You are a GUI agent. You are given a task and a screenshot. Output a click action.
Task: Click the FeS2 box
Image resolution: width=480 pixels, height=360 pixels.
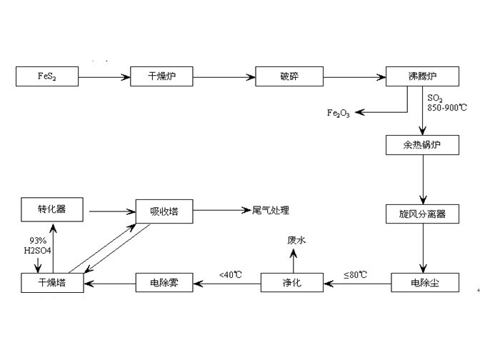47,76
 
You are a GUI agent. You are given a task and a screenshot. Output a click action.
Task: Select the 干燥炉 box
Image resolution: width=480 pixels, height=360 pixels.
161,76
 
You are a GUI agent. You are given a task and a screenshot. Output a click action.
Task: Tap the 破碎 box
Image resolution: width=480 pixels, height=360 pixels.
289,76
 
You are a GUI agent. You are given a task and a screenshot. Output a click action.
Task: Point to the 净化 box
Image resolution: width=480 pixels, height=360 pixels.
291,283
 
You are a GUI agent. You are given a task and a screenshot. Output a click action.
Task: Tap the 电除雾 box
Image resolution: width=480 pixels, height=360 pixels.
165,283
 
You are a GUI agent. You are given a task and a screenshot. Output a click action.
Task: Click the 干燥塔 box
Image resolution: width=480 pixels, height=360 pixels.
51,283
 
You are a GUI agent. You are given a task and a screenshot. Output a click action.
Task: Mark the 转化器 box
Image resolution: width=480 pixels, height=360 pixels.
51,210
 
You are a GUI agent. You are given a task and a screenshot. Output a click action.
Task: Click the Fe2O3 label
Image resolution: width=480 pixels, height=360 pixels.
338,113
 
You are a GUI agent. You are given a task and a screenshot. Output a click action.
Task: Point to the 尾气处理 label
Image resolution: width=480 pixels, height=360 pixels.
271,211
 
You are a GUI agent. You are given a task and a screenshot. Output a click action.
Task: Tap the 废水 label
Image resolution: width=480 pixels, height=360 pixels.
296,241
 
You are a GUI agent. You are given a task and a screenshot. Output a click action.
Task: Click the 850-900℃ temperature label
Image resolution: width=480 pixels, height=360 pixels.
445,106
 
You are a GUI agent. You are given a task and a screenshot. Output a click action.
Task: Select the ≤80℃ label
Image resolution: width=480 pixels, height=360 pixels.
357,274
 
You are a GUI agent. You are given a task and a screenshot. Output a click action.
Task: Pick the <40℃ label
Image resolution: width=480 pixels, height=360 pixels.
231,274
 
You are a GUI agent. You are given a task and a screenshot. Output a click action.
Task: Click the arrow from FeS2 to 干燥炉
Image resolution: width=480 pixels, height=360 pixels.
104,76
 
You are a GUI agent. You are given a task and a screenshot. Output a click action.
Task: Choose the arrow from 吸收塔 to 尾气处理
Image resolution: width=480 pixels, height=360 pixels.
221,211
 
